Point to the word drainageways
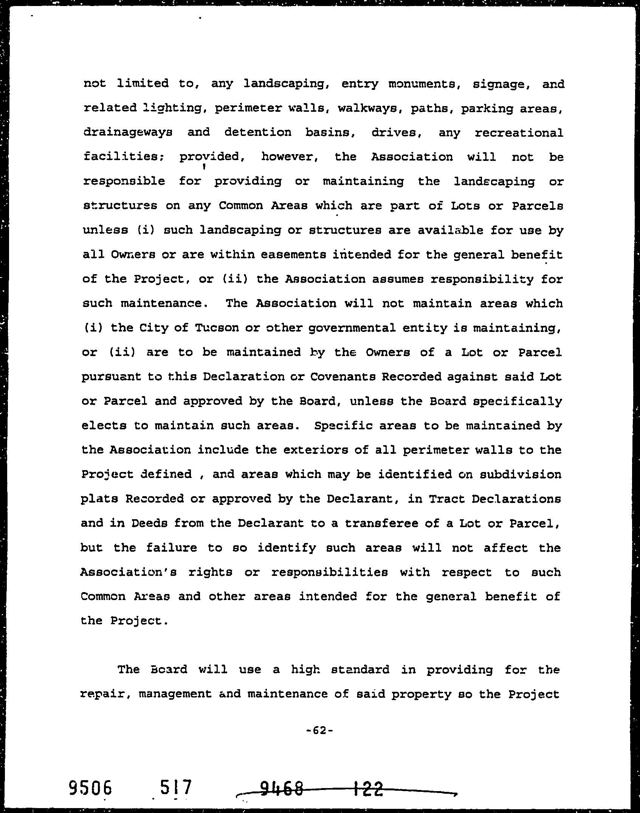(x=128, y=133)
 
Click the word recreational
(x=519, y=133)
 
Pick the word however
(x=289, y=157)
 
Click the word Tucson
(x=217, y=328)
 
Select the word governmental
(x=352, y=328)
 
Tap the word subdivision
(x=520, y=474)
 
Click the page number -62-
(x=319, y=730)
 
